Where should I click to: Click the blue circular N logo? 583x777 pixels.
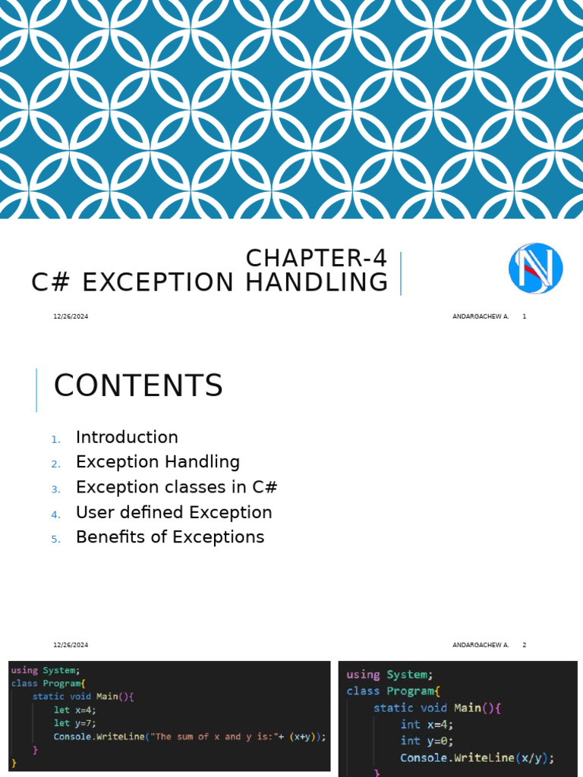click(535, 268)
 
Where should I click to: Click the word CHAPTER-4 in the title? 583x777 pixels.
click(317, 259)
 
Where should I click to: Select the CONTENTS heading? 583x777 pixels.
click(138, 386)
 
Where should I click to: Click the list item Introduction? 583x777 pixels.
click(127, 437)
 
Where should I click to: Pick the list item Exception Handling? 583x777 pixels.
click(158, 461)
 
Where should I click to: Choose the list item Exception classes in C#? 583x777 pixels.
click(172, 486)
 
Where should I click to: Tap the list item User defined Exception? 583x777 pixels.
click(174, 512)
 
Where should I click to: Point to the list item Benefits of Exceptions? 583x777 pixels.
click(170, 537)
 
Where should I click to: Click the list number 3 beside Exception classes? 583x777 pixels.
click(55, 489)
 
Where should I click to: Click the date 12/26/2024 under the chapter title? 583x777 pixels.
click(71, 316)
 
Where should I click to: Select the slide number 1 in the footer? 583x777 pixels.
click(524, 316)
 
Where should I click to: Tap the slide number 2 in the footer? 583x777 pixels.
click(524, 645)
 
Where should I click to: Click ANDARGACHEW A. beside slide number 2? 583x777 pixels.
click(481, 645)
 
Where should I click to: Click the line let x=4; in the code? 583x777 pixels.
click(75, 709)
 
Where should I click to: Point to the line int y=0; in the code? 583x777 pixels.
click(427, 741)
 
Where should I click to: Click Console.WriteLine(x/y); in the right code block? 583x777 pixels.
click(477, 758)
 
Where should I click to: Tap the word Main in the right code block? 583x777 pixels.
click(468, 708)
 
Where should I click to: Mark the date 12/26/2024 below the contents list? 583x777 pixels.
click(71, 645)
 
